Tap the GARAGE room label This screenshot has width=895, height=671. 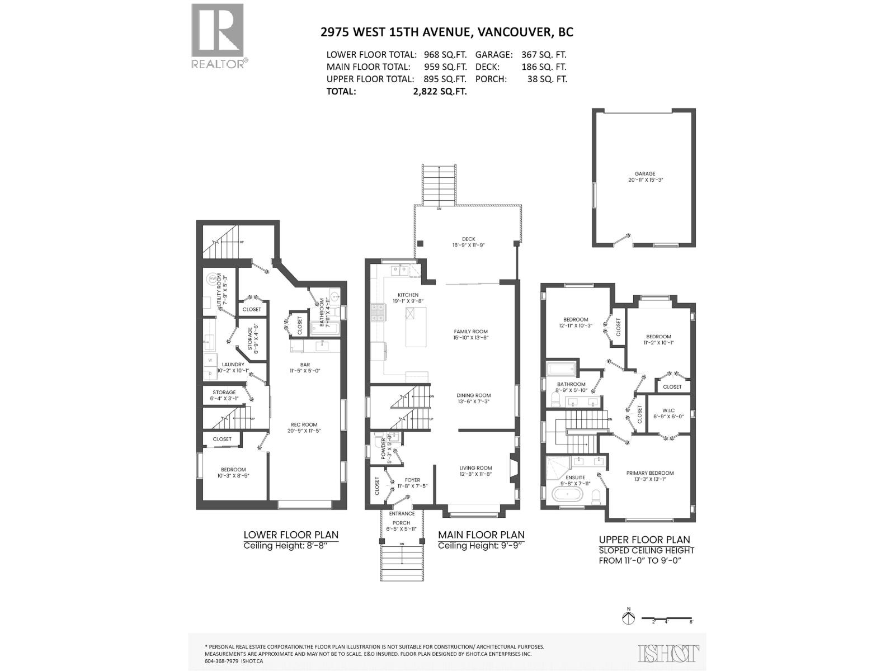(644, 174)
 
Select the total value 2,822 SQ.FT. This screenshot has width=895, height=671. (440, 91)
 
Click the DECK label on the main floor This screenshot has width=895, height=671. (468, 239)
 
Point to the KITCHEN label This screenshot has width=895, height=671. (408, 295)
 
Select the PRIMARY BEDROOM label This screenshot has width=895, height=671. (649, 473)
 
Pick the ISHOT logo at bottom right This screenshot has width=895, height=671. (668, 653)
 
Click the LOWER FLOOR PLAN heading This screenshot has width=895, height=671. (291, 535)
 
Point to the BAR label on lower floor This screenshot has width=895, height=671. (304, 365)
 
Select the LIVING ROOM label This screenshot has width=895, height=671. (475, 468)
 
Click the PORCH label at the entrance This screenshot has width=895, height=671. (401, 523)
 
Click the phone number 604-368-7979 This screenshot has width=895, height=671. (222, 660)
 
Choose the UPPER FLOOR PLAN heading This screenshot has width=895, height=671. (644, 540)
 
